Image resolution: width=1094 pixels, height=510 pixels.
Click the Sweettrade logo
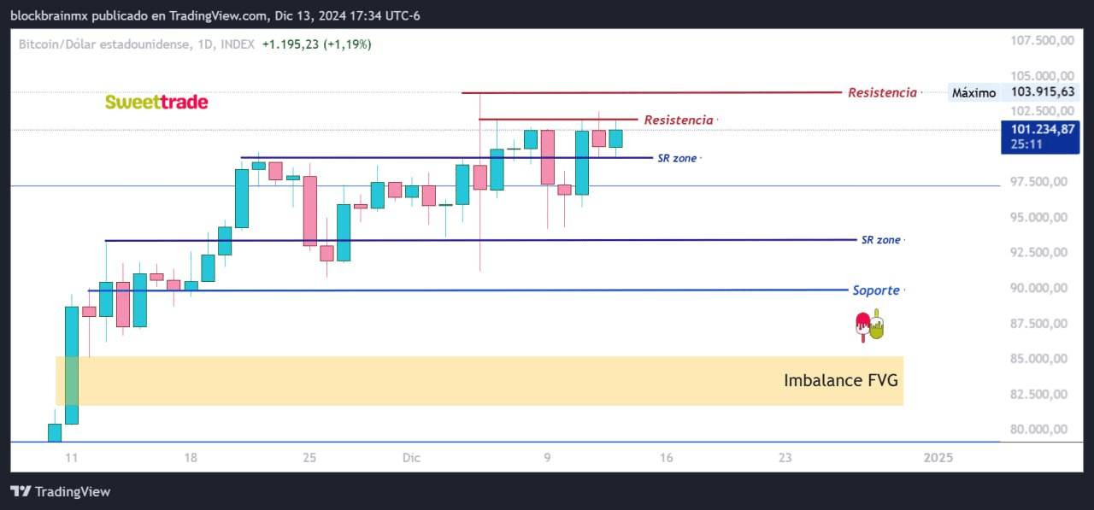tap(156, 103)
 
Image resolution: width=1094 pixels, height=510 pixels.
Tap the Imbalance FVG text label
tap(840, 380)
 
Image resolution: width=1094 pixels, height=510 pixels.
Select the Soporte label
tap(876, 290)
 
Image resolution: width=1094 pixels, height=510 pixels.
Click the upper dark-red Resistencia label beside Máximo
tap(882, 92)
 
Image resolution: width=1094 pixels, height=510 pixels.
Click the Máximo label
tap(973, 92)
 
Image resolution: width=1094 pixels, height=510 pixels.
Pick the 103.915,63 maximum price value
tap(1043, 92)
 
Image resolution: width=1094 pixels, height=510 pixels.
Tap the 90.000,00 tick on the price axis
tap(1039, 288)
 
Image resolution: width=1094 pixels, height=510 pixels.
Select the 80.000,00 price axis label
tap(1039, 430)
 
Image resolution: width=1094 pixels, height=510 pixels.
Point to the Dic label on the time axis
tap(412, 458)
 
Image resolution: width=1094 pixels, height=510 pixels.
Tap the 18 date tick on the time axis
tap(190, 458)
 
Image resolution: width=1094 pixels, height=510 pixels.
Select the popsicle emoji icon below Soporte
tap(869, 326)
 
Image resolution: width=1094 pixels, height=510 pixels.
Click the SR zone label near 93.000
tap(880, 240)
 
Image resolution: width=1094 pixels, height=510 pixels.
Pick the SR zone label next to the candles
tap(677, 158)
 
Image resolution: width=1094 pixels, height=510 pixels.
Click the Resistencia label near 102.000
tap(678, 120)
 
